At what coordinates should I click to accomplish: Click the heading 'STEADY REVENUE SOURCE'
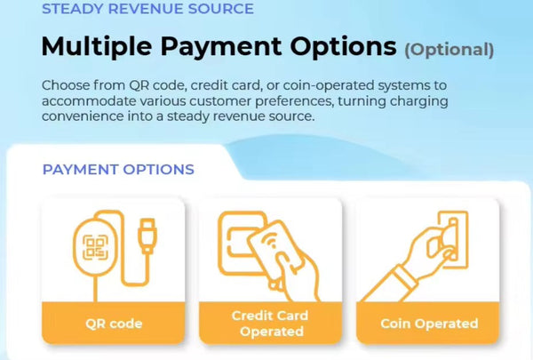[147, 9]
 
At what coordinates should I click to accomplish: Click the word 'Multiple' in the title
[97, 47]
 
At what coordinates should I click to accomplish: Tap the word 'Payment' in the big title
[221, 47]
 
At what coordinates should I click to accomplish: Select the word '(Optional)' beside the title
[449, 50]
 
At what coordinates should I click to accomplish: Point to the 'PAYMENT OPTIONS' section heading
[118, 169]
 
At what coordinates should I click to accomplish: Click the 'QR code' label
[114, 324]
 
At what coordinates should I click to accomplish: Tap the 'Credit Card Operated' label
[270, 324]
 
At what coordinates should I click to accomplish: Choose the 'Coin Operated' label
[429, 324]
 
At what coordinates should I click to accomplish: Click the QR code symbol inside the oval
[96, 247]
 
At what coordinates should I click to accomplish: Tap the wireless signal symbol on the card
[271, 242]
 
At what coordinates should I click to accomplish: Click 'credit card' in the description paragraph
[225, 85]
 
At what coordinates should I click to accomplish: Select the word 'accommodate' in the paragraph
[89, 101]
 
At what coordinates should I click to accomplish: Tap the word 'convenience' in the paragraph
[83, 116]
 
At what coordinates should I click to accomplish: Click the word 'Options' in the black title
[343, 47]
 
